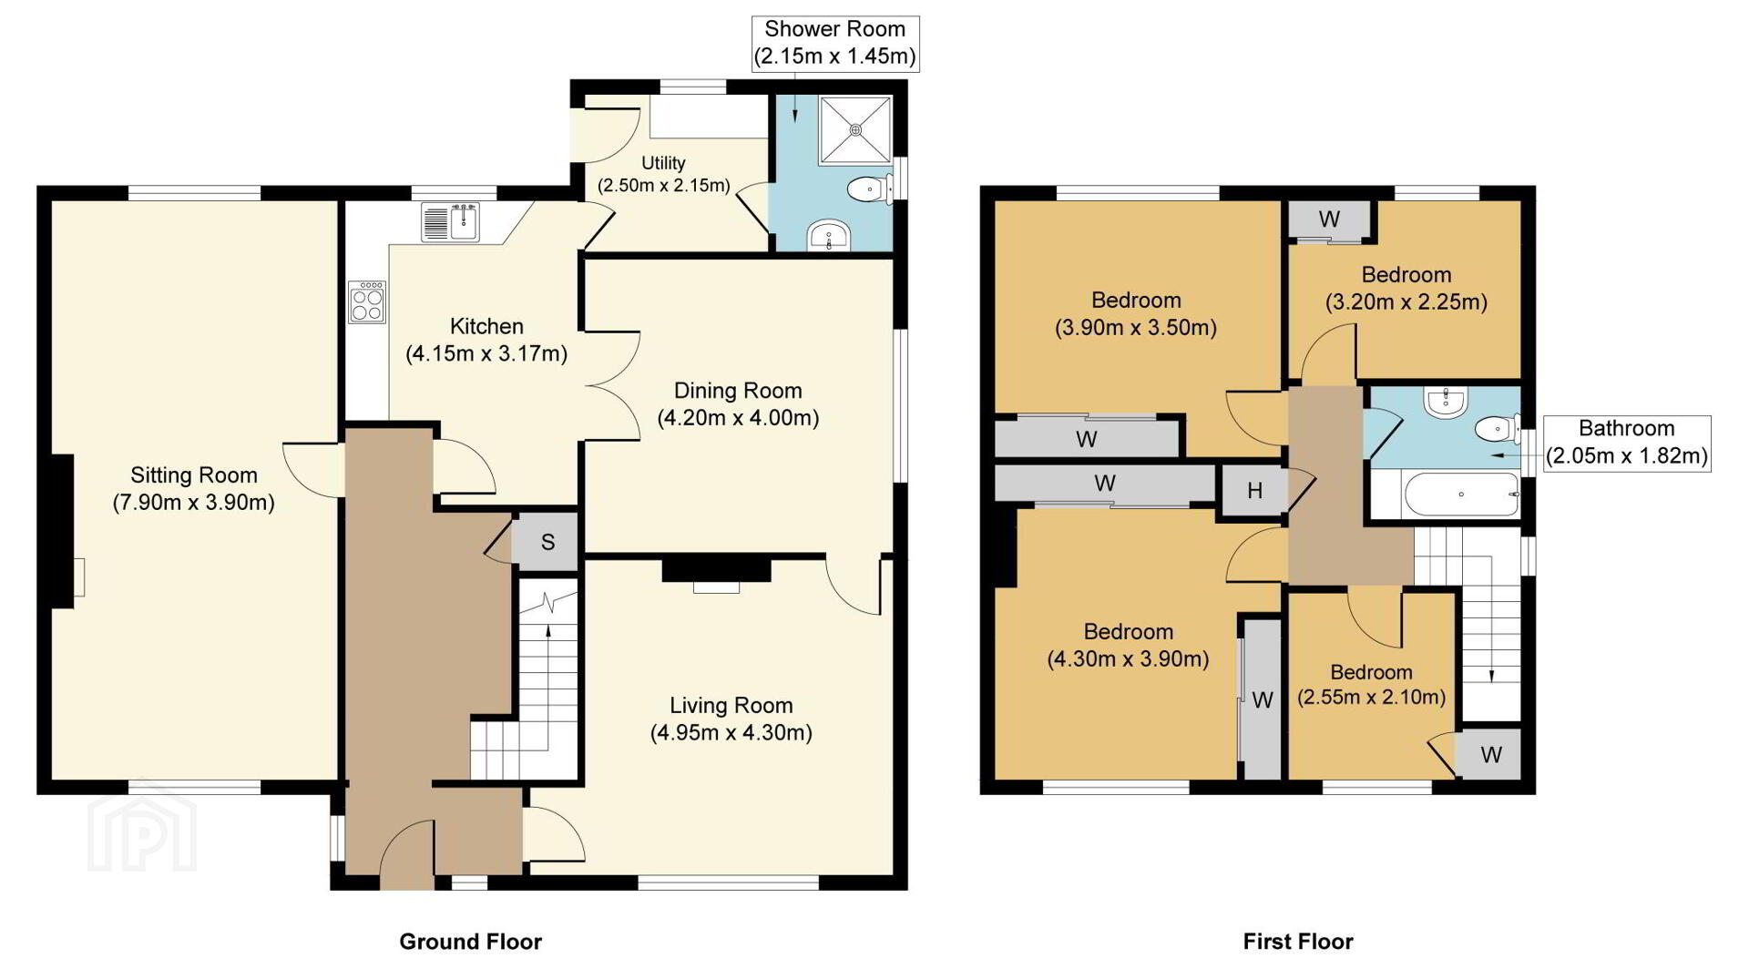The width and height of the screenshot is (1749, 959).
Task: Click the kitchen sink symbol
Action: pyautogui.click(x=450, y=223)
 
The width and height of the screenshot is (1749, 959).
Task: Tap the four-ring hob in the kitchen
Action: pyautogui.click(x=367, y=302)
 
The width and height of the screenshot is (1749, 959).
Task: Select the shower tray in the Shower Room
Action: pyautogui.click(x=855, y=130)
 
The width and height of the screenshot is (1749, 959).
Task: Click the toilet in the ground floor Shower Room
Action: pyautogui.click(x=868, y=189)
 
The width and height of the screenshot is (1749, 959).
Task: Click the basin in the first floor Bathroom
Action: pyautogui.click(x=1445, y=402)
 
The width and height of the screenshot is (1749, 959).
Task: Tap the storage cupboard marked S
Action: pyautogui.click(x=547, y=543)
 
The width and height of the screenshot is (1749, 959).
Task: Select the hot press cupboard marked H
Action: pyautogui.click(x=1254, y=491)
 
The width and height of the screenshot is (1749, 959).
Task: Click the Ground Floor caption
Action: pyautogui.click(x=470, y=942)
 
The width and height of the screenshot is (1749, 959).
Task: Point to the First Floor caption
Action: pyautogui.click(x=1298, y=942)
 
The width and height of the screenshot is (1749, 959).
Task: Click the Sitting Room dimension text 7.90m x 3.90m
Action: pyautogui.click(x=194, y=502)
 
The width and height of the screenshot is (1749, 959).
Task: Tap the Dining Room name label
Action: pyautogui.click(x=738, y=391)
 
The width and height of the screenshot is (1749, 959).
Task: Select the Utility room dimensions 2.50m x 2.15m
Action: pyautogui.click(x=663, y=186)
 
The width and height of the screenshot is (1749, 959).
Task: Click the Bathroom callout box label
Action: pyautogui.click(x=1627, y=443)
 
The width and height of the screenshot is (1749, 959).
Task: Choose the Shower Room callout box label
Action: pyautogui.click(x=834, y=43)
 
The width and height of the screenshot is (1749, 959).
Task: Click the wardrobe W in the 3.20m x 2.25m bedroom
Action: pyautogui.click(x=1329, y=219)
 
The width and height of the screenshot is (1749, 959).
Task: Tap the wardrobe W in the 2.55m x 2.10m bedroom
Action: pyautogui.click(x=1491, y=754)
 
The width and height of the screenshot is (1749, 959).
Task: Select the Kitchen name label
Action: pyautogui.click(x=486, y=326)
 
